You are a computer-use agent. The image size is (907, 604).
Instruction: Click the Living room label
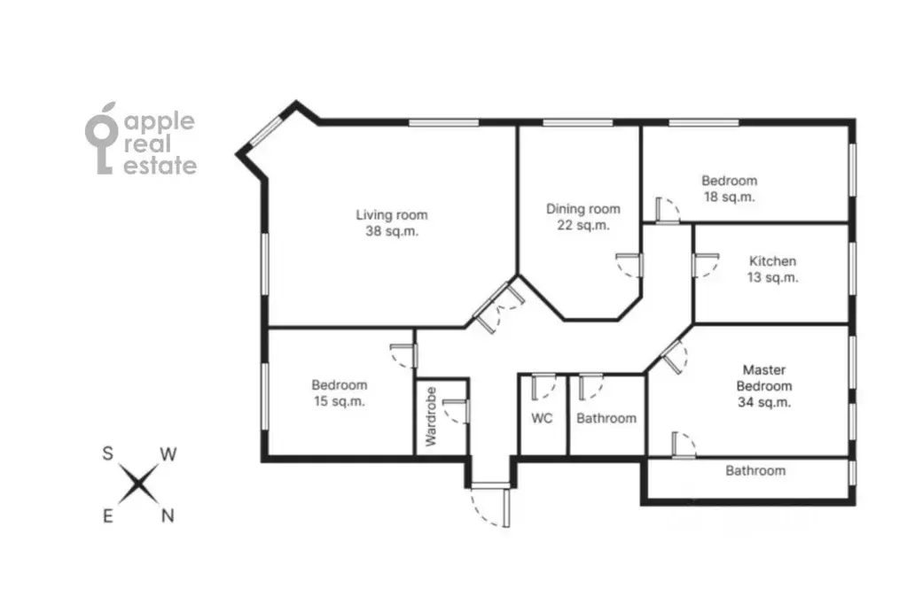tap(392, 215)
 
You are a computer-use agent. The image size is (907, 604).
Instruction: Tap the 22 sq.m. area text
tap(583, 226)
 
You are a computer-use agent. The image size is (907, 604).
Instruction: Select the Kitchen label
tap(772, 261)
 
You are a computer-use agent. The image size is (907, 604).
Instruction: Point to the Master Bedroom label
tap(764, 378)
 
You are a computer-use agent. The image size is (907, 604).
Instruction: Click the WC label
tap(542, 418)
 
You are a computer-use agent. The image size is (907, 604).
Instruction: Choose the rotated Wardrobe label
tap(431, 416)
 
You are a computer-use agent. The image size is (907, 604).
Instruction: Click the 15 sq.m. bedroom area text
tap(339, 401)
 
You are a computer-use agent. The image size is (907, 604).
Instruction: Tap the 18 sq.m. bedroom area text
tap(729, 197)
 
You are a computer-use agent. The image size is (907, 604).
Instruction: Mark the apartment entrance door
tap(491, 506)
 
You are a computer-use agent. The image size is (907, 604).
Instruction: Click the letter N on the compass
tap(168, 515)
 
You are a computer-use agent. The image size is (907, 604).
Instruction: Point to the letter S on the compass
tap(107, 453)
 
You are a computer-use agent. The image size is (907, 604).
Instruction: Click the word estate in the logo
tap(160, 166)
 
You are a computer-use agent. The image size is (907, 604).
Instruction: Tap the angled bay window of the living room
tap(267, 130)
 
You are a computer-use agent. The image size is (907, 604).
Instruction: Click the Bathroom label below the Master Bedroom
tap(755, 470)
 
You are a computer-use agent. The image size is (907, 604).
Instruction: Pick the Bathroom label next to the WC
tap(606, 418)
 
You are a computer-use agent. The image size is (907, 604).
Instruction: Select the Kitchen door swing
tap(706, 266)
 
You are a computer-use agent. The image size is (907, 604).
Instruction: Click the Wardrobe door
tap(456, 411)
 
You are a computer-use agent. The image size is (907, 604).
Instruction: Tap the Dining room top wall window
tap(578, 122)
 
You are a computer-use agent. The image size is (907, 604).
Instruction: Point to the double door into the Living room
tap(499, 306)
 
